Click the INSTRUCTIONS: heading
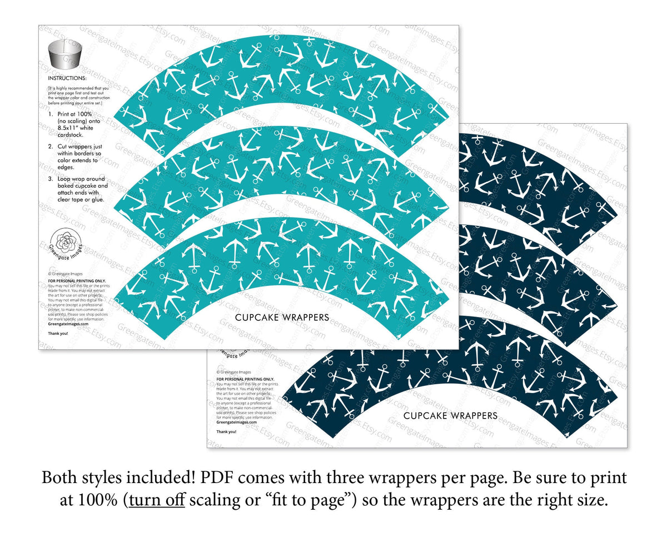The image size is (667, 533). (67, 79)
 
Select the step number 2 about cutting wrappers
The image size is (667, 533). (51, 146)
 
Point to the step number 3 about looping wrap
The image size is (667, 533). (51, 179)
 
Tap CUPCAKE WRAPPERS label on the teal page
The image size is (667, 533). (282, 318)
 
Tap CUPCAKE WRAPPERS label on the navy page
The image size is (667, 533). (450, 415)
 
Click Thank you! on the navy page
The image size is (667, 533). (226, 431)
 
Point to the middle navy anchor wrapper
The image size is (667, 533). (534, 278)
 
